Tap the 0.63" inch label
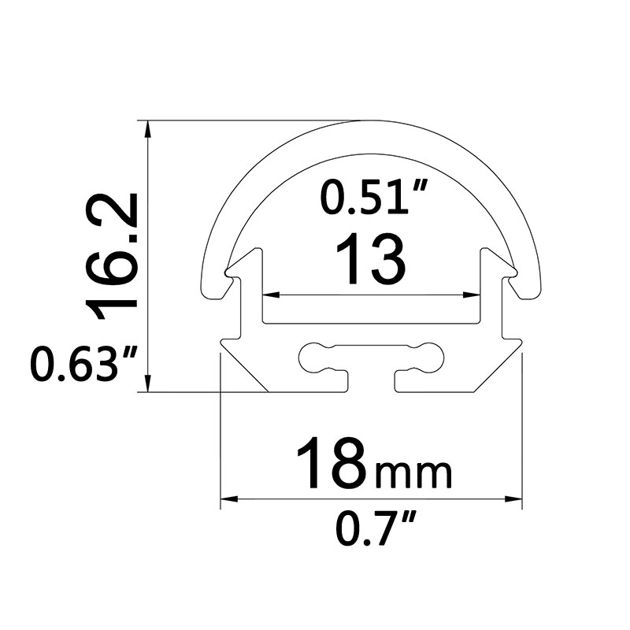83,364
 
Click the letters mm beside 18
414,475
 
